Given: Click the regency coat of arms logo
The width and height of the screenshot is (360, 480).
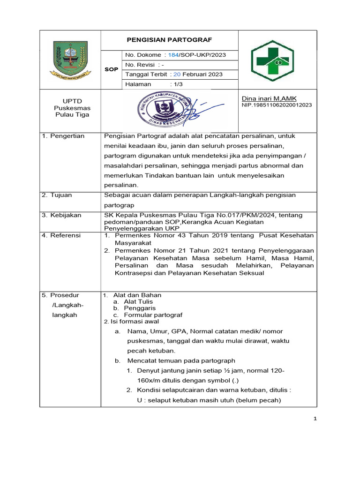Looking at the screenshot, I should [x=70, y=60].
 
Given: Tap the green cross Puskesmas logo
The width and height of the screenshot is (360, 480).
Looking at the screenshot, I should [x=271, y=60].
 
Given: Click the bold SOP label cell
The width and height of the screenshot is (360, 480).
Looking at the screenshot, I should [x=111, y=69].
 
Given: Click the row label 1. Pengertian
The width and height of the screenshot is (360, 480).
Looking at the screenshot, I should [x=63, y=136].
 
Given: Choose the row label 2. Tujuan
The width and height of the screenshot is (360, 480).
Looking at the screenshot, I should [x=57, y=195].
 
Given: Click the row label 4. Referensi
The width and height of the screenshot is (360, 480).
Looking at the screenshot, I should [x=61, y=235].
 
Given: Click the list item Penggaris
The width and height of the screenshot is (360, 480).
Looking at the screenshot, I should [x=136, y=308].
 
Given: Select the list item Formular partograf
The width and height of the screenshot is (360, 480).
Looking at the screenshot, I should [x=153, y=315].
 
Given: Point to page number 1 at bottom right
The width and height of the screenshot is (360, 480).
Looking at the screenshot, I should [x=315, y=419].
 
